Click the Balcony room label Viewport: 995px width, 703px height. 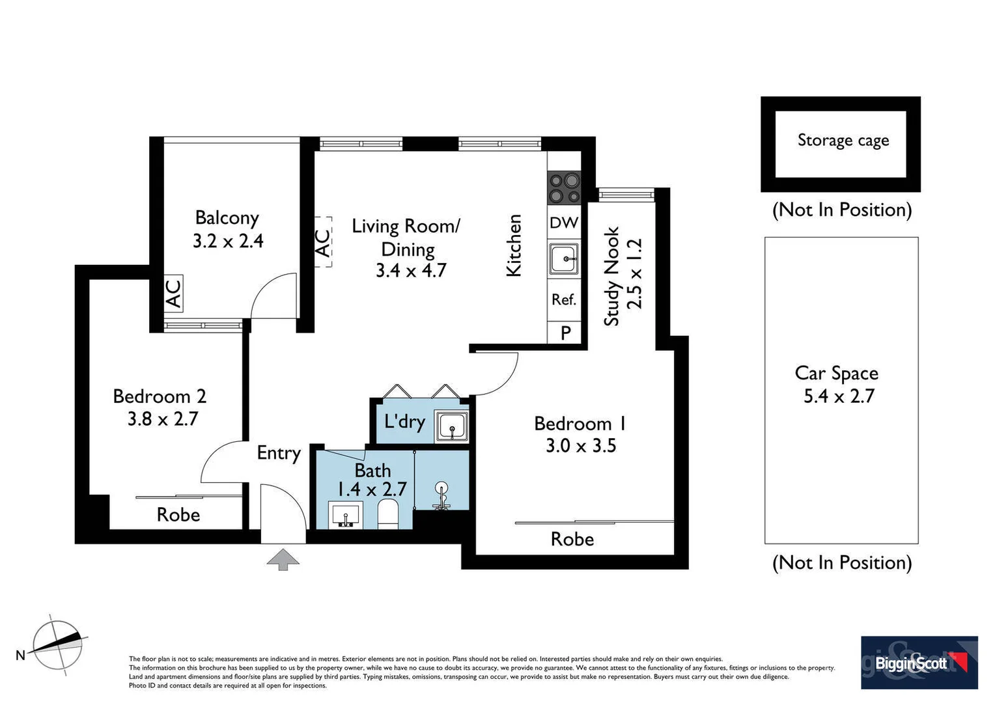(x=227, y=217)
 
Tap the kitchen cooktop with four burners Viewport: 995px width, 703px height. (x=564, y=187)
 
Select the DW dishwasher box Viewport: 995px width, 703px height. (x=564, y=223)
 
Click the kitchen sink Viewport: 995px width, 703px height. (x=564, y=259)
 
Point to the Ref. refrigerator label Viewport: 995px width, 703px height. (x=564, y=299)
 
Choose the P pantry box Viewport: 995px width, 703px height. (x=566, y=333)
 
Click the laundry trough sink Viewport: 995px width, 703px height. (x=451, y=427)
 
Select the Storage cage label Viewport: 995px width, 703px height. (x=843, y=141)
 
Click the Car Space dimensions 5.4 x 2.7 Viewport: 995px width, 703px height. (x=839, y=396)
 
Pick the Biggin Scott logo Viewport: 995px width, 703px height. (x=919, y=663)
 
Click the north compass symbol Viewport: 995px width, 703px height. (x=58, y=644)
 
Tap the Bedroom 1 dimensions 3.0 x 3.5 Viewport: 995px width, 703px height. (x=581, y=446)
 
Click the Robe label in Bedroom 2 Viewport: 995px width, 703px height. (x=178, y=515)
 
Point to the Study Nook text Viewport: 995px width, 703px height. (x=611, y=276)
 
